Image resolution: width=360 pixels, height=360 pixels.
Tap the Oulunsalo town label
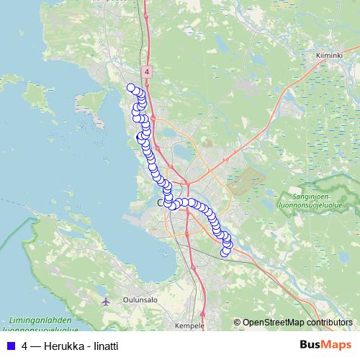(x=139, y=302)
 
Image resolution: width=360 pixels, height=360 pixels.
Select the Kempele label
(x=190, y=325)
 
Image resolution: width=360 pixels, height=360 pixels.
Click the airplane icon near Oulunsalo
(x=107, y=301)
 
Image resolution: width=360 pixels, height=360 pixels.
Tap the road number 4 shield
(x=146, y=72)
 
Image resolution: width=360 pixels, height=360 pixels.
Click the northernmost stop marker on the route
(x=131, y=88)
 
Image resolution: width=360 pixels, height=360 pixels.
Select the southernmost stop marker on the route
(x=225, y=252)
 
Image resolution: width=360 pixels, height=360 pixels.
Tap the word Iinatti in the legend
(x=104, y=346)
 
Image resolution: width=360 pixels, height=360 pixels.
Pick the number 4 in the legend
(x=25, y=346)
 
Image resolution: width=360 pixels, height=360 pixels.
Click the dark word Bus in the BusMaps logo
(x=310, y=346)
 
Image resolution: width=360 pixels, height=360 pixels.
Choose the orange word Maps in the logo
(x=336, y=346)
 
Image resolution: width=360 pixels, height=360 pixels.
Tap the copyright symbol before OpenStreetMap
(x=238, y=323)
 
